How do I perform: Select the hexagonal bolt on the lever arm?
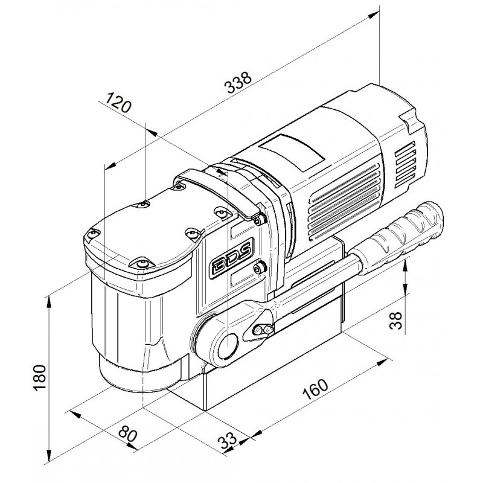[x=263, y=330]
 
